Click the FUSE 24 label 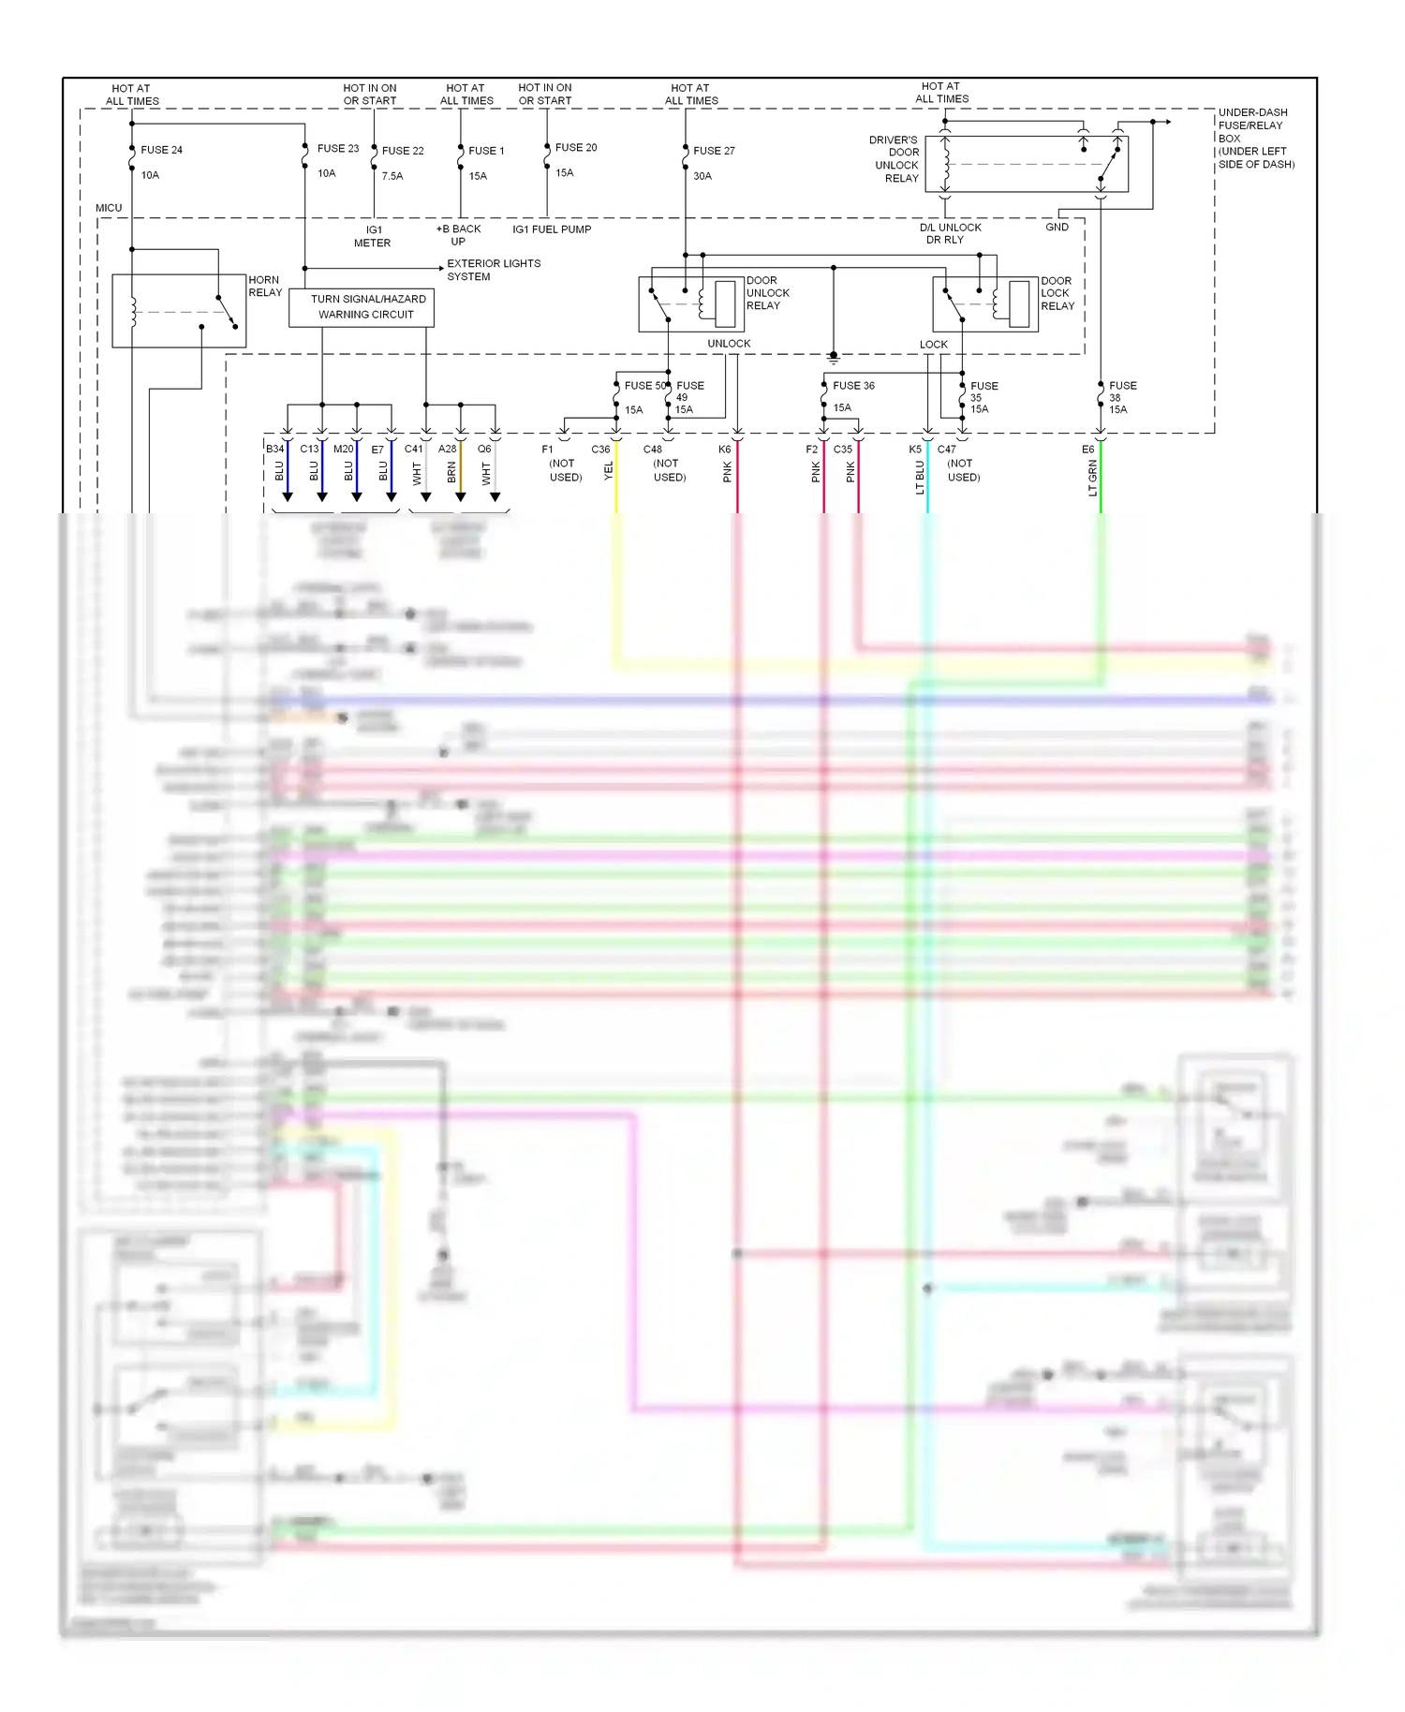[x=161, y=150]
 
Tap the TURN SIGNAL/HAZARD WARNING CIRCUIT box [x=362, y=307]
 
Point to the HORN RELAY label [x=265, y=286]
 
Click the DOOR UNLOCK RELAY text [x=768, y=293]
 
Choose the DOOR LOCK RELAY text [x=1057, y=293]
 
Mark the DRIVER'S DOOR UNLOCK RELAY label [x=895, y=159]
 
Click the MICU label [x=109, y=208]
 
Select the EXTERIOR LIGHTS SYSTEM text [x=493, y=270]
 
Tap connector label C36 [x=600, y=450]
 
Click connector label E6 [x=1087, y=450]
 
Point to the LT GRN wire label [x=1092, y=479]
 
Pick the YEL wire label [x=608, y=471]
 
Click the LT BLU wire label [x=920, y=478]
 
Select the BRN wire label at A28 [x=451, y=473]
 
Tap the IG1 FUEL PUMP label [x=552, y=229]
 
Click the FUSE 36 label [x=853, y=386]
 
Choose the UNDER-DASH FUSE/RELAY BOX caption [x=1255, y=138]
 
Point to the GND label [x=1057, y=228]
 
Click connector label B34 [x=274, y=450]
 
